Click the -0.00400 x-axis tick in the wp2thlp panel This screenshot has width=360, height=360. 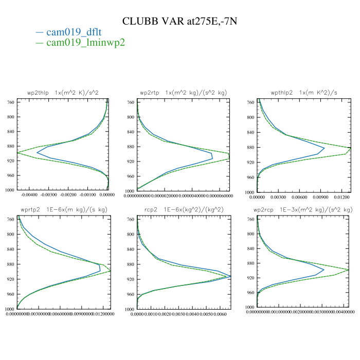point(28,195)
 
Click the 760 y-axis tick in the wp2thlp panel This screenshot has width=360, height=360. point(11,102)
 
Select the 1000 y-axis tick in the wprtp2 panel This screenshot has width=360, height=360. point(10,309)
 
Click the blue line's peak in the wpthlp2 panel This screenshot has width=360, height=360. point(324,149)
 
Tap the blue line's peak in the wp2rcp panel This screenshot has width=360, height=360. point(323,269)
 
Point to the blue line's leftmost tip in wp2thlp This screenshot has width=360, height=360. point(37,153)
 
